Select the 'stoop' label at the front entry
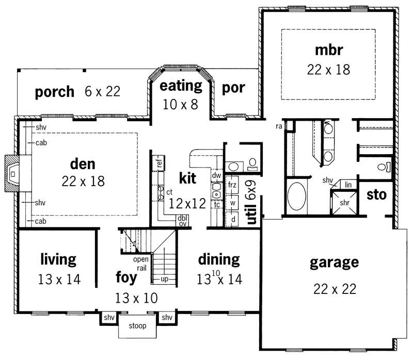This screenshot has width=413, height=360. (134, 326)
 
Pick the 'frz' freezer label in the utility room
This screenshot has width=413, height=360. (232, 184)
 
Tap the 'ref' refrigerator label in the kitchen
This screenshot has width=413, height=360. (160, 163)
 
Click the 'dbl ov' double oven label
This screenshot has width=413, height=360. (183, 220)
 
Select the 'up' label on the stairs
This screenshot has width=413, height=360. (165, 279)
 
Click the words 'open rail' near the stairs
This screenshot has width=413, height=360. (142, 264)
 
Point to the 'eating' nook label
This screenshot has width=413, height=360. (180, 85)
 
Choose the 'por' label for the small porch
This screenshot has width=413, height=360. (233, 88)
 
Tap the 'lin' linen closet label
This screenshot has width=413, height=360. (348, 184)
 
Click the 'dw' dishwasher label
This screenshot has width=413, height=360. (216, 175)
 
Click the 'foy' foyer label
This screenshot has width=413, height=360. (126, 277)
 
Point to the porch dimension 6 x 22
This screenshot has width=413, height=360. (103, 92)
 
